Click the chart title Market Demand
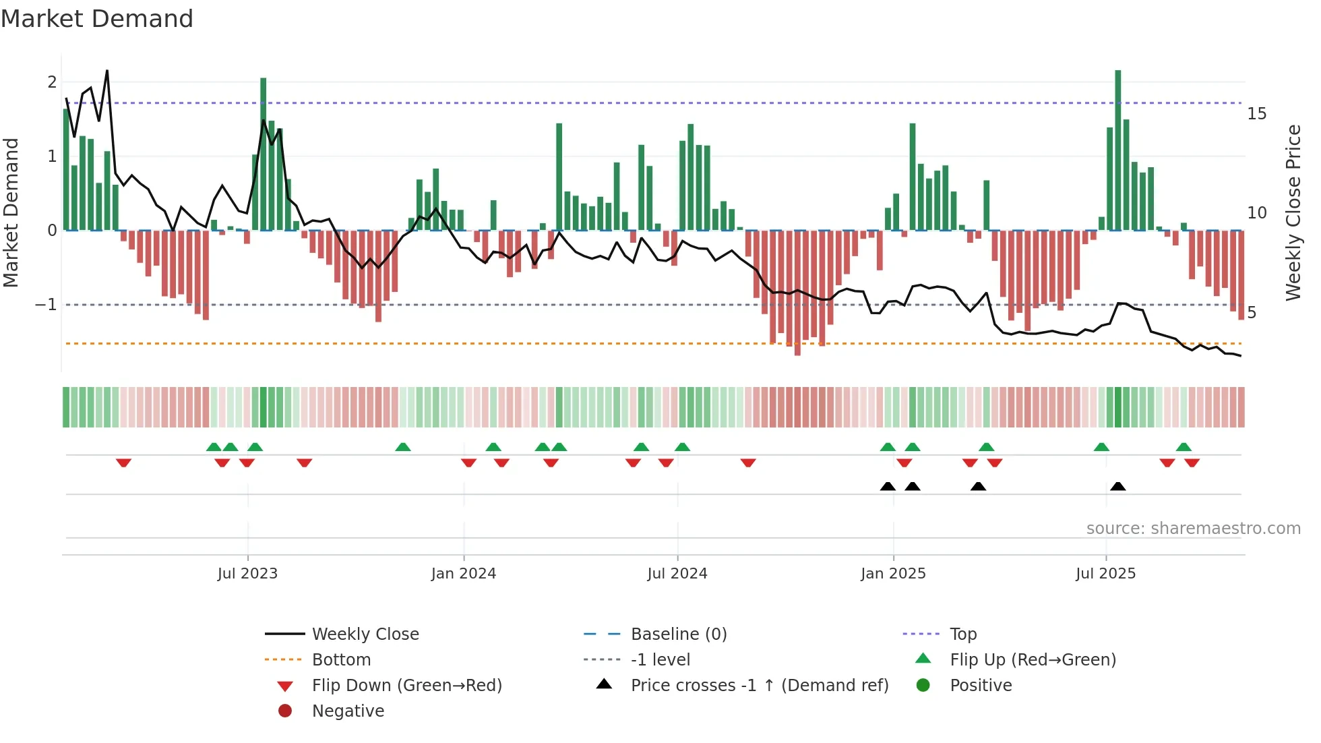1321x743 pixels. (97, 19)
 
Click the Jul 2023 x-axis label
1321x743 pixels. (247, 574)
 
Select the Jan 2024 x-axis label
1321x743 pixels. (464, 574)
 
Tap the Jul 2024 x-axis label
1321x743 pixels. (677, 574)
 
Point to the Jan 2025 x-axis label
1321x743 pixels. (893, 574)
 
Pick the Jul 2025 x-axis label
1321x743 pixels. (1105, 574)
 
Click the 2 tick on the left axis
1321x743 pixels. (52, 82)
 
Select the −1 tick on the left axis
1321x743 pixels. (47, 305)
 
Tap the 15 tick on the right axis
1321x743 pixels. (1256, 114)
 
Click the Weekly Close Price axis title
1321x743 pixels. (1293, 212)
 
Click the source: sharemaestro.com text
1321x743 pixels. (1193, 529)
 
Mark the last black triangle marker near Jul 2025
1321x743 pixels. (1118, 486)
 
